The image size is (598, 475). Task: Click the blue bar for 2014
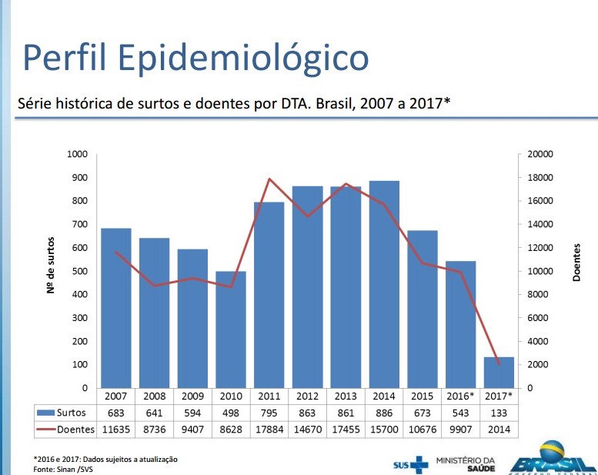point(384,284)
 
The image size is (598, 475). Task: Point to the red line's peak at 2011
point(269,179)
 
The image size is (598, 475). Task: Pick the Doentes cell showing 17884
point(269,429)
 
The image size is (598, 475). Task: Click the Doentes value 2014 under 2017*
point(499,429)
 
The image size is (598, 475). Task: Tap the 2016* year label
point(460,396)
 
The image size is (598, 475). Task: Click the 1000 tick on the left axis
point(79,154)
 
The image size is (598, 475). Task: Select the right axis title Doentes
point(577,262)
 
